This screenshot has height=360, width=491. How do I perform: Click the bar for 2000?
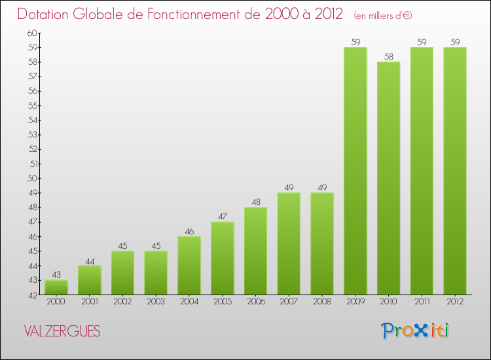pyautogui.click(x=56, y=287)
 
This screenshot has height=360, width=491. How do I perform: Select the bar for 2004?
pyautogui.click(x=189, y=265)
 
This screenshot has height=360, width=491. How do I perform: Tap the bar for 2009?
pyautogui.click(x=355, y=171)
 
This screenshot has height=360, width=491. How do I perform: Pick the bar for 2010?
pyautogui.click(x=389, y=178)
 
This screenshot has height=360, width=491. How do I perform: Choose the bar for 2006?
pyautogui.click(x=256, y=251)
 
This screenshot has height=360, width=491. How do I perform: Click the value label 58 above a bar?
pyautogui.click(x=389, y=57)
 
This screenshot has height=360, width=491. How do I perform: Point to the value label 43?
pyautogui.click(x=56, y=275)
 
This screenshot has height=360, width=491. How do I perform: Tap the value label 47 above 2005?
pyautogui.click(x=223, y=217)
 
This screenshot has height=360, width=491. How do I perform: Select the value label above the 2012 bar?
pyautogui.click(x=455, y=43)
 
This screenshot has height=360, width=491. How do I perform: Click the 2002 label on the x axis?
pyautogui.click(x=122, y=302)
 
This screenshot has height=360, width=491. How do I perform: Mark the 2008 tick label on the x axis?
pyautogui.click(x=322, y=302)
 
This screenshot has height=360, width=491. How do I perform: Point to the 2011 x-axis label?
pyautogui.click(x=422, y=302)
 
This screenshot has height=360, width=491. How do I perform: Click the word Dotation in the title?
pyautogui.click(x=44, y=14)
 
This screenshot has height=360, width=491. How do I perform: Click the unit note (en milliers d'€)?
pyautogui.click(x=383, y=15)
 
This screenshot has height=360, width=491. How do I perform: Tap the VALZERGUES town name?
pyautogui.click(x=62, y=332)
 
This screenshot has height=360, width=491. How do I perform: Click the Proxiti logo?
pyautogui.click(x=415, y=331)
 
